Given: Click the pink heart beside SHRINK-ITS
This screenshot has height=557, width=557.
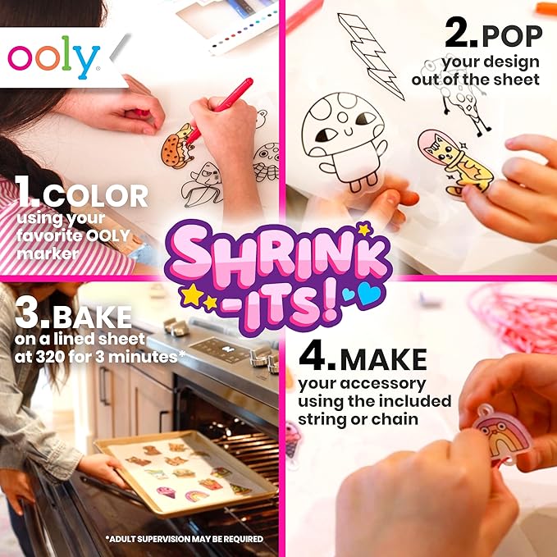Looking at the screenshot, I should tap(349, 293).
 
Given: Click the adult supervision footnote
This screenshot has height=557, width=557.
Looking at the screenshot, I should tap(184, 539).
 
